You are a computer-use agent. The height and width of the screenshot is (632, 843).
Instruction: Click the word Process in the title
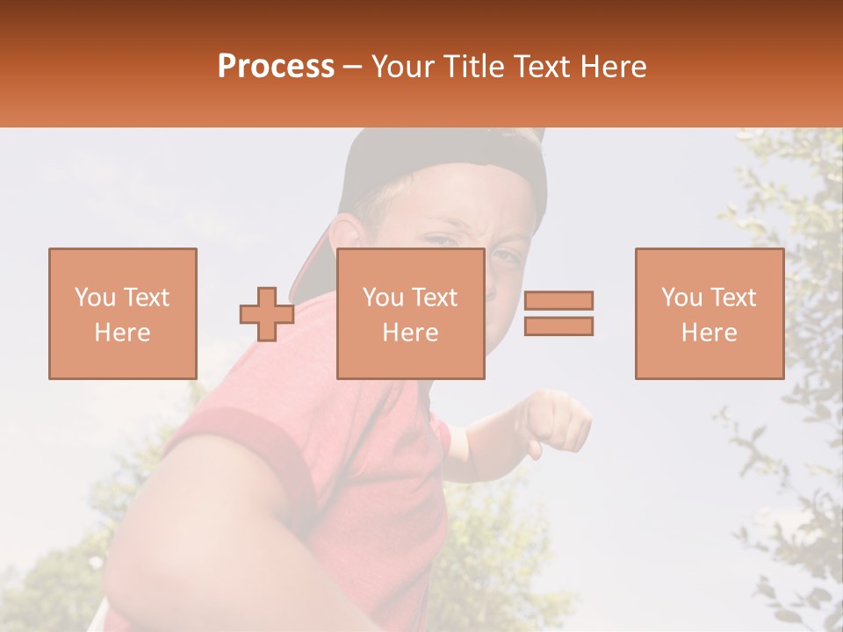click(276, 67)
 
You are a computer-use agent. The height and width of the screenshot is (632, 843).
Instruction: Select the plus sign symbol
click(267, 314)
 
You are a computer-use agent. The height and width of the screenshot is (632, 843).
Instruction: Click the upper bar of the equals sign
click(558, 300)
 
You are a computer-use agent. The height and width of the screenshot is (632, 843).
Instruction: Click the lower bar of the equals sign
click(558, 326)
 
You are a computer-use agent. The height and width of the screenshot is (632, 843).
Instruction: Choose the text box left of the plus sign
click(123, 313)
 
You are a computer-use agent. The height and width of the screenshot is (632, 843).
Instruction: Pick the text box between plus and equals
click(411, 313)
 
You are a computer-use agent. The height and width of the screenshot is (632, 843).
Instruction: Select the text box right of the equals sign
click(710, 313)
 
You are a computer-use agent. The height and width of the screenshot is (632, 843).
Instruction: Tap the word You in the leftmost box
click(93, 297)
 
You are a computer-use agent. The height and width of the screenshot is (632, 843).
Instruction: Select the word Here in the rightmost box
click(710, 332)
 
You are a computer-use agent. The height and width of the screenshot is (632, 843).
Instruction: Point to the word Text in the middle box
click(435, 297)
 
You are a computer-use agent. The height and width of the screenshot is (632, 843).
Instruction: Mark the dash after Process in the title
click(353, 67)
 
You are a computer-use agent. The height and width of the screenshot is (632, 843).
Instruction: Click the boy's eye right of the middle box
click(506, 257)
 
